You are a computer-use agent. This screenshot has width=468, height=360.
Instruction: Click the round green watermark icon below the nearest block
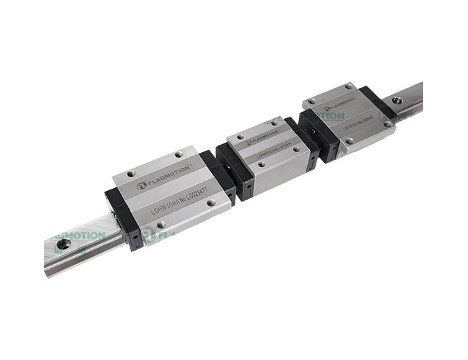click(x=149, y=236)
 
